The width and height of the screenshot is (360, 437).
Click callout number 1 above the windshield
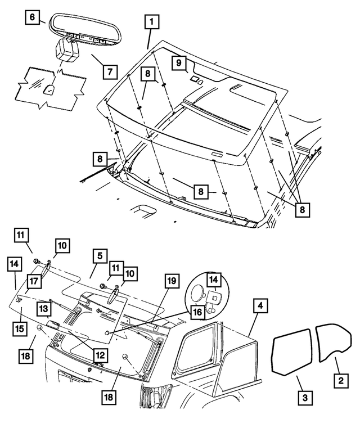pyautogui.click(x=151, y=23)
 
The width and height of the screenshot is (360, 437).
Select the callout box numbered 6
pyautogui.click(x=33, y=17)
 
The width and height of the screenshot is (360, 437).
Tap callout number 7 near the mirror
pyautogui.click(x=110, y=71)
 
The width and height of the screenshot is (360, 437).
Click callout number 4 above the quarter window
pyautogui.click(x=259, y=307)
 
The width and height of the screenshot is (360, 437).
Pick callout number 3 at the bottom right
pyautogui.click(x=304, y=397)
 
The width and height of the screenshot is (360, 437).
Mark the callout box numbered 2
pyautogui.click(x=339, y=381)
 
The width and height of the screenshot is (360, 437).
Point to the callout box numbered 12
pyautogui.click(x=99, y=355)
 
